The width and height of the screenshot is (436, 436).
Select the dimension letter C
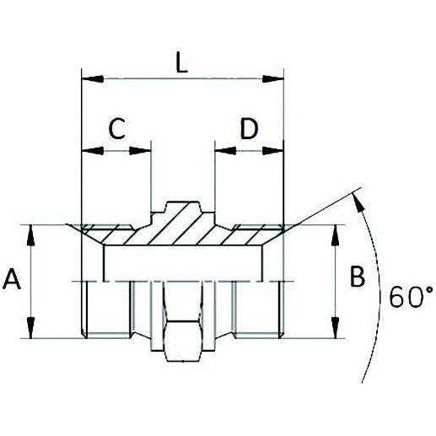(117, 129)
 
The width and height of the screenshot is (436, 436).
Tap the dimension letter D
(248, 129)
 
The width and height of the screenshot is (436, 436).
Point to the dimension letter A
(12, 279)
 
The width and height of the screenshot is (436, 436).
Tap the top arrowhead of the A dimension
(31, 233)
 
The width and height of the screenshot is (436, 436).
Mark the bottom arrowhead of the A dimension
(31, 331)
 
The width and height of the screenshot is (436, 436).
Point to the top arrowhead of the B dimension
(337, 233)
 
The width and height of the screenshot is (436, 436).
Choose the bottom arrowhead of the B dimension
(337, 331)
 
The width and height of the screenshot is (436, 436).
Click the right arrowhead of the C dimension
(144, 152)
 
